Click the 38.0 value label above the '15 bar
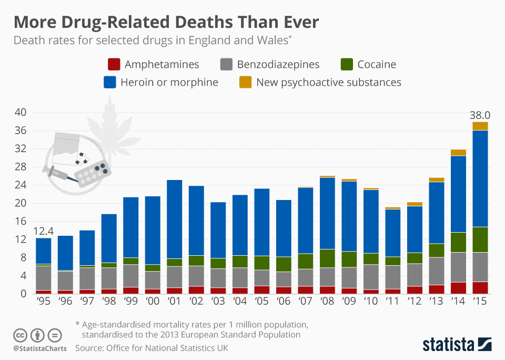480,115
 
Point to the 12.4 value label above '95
43,231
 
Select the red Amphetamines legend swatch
114,65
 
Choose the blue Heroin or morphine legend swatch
110,82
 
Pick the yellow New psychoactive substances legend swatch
245,82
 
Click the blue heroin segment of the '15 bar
480,178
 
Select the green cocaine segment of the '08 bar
328,258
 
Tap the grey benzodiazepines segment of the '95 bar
43,278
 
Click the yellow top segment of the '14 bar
458,153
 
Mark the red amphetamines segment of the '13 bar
436,289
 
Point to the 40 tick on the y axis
20,112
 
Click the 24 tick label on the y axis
20,185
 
